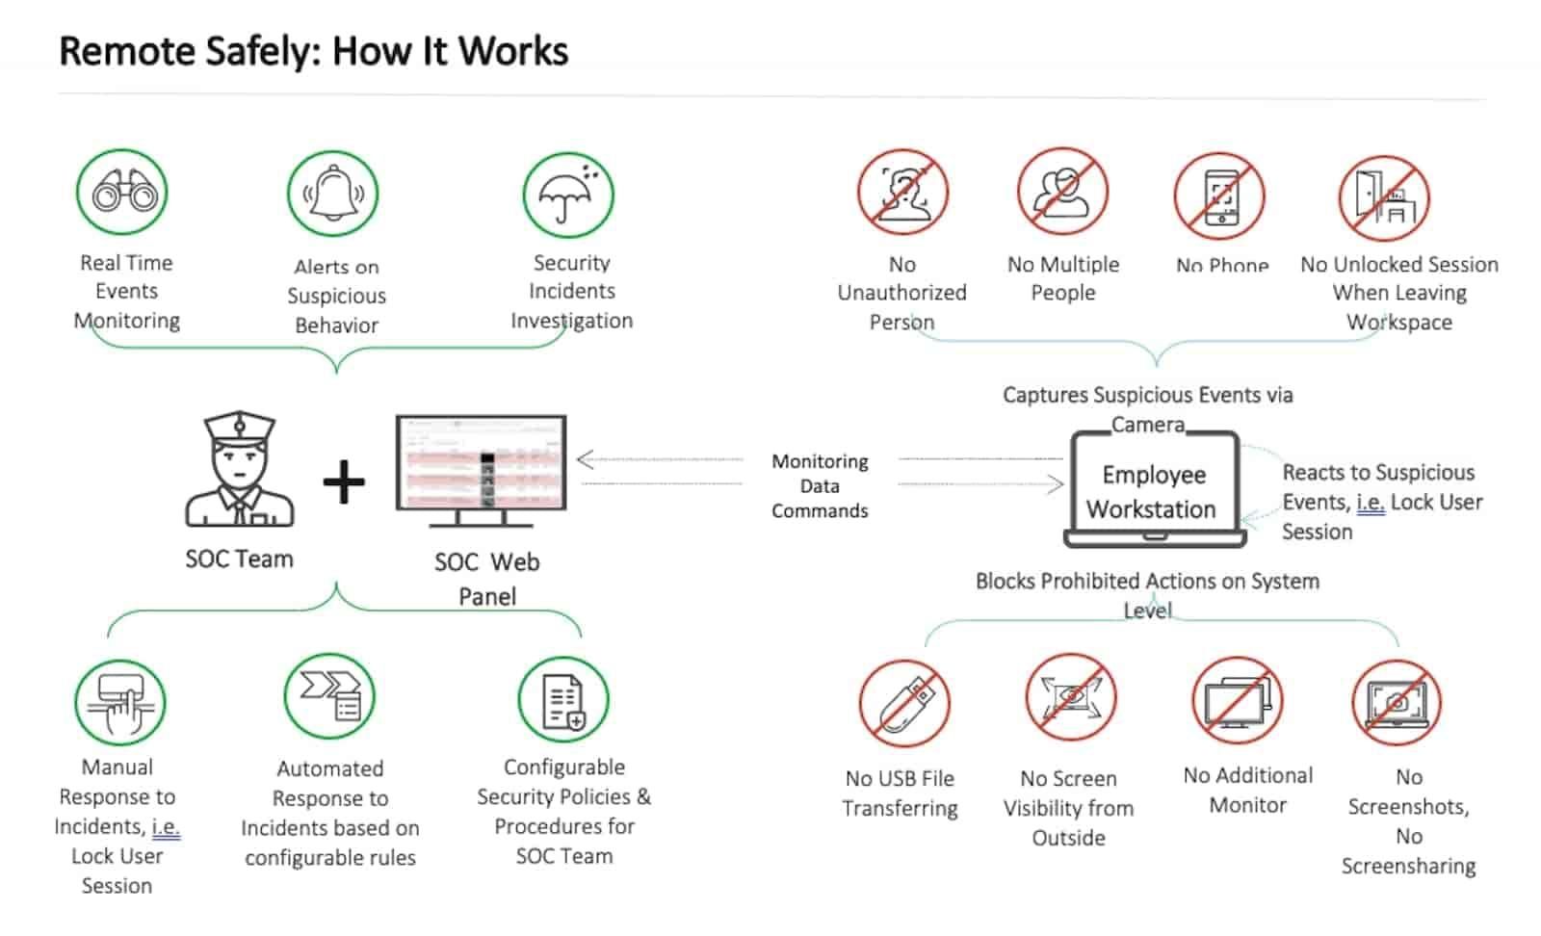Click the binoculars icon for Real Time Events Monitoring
122,193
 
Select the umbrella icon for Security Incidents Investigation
568,195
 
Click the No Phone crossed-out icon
1219,196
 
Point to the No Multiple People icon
1062,193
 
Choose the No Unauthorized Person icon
902,194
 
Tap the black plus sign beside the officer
344,481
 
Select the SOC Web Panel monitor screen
482,463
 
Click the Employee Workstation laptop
1154,490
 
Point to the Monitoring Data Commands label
820,486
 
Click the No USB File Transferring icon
904,704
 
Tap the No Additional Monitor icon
1238,702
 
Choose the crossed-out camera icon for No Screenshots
1397,703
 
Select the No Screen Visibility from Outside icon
1070,698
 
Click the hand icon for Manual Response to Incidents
120,703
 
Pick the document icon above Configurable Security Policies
563,700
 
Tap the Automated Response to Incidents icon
329,696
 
